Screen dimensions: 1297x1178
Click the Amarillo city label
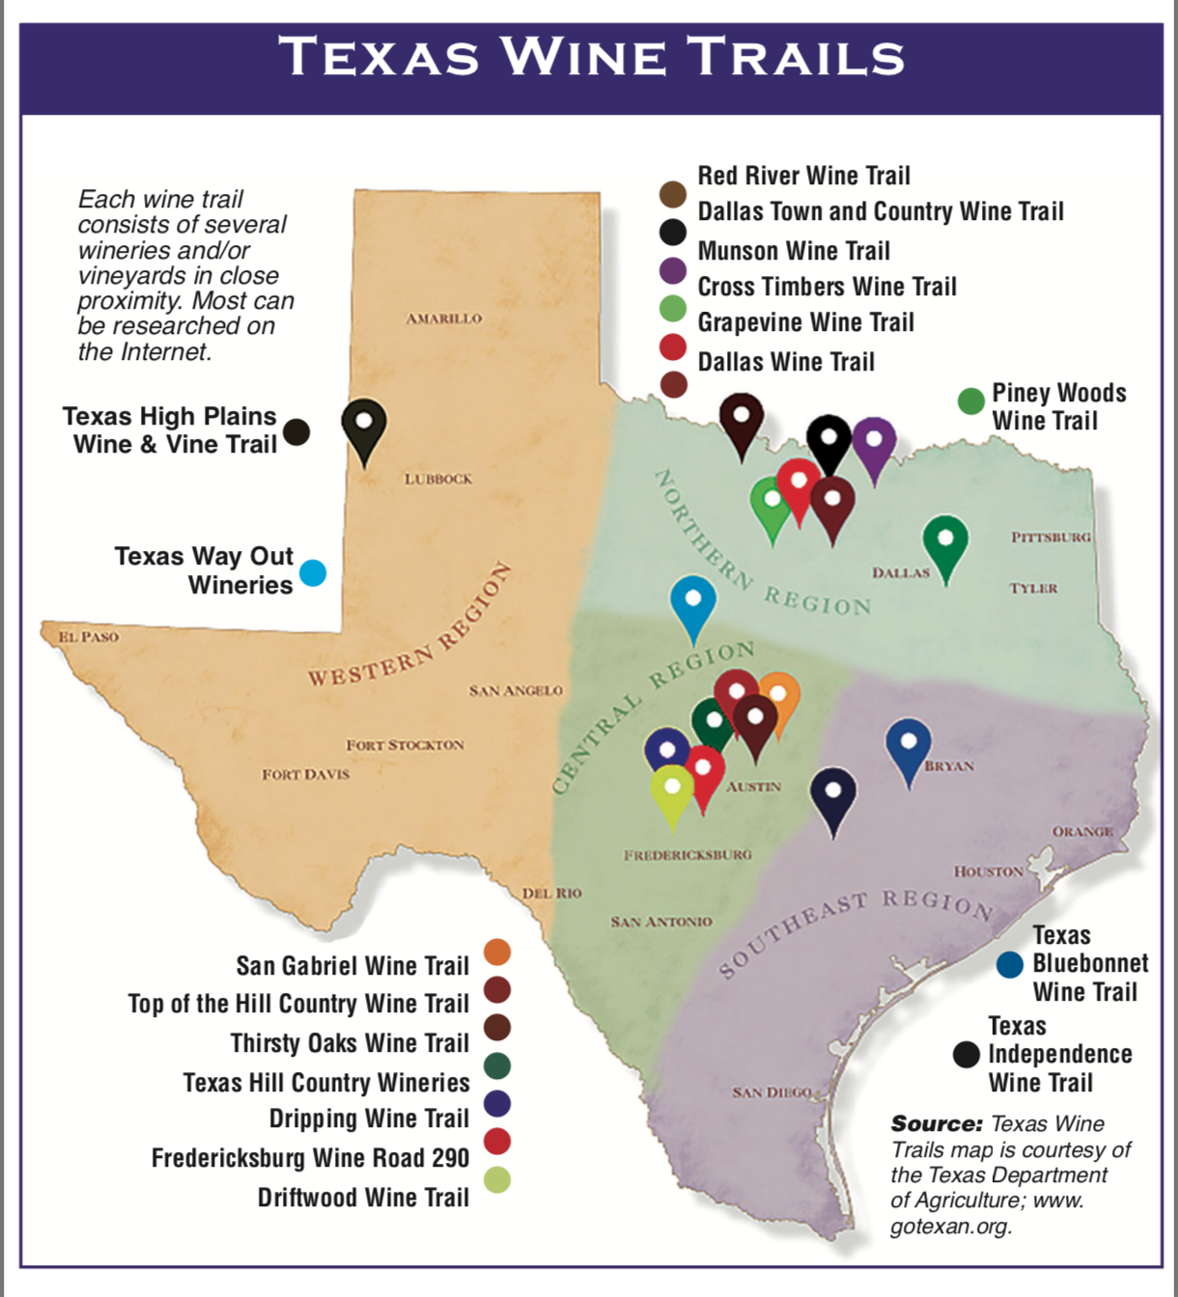(x=443, y=318)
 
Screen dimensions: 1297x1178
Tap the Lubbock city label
(x=438, y=479)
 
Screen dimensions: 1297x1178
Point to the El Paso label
(x=88, y=637)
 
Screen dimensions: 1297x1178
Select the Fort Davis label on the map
(x=305, y=774)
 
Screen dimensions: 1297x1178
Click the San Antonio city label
(x=661, y=922)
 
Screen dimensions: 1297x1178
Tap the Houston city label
(x=989, y=871)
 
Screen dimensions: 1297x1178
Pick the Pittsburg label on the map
(x=1051, y=537)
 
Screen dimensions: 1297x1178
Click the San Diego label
(x=771, y=1092)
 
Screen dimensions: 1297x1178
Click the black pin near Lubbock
(x=364, y=427)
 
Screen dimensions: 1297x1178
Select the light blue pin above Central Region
(x=693, y=603)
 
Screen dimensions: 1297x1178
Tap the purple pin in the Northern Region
(x=874, y=444)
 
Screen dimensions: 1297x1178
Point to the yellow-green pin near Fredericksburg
(x=672, y=791)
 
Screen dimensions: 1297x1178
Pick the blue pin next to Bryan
(x=909, y=747)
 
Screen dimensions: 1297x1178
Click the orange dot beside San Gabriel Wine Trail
(x=497, y=952)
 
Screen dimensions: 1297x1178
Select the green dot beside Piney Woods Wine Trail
(x=970, y=401)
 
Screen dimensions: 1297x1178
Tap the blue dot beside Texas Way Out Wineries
(x=313, y=572)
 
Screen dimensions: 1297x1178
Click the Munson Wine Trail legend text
(x=794, y=251)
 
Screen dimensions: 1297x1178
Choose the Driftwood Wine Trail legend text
(x=363, y=1198)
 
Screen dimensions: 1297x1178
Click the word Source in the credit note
(x=936, y=1123)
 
